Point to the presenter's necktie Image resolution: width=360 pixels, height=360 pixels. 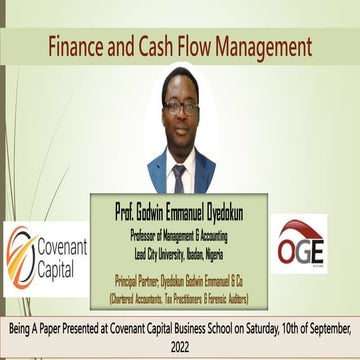point(178,178)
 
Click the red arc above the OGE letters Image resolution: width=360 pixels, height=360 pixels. point(300,228)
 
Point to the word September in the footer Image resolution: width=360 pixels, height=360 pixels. point(322,326)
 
